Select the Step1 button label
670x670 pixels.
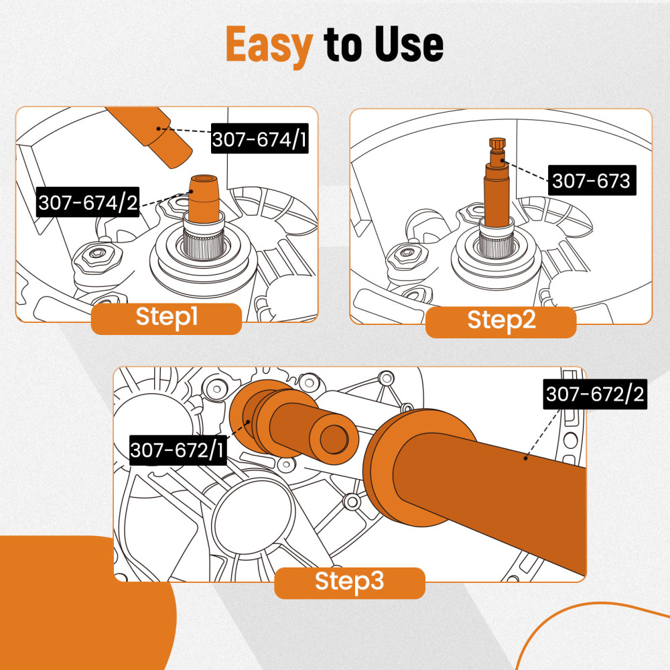[x=166, y=318]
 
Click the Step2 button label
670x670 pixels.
[x=501, y=321]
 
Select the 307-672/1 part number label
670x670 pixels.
[x=178, y=450]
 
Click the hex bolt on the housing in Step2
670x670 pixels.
[x=406, y=255]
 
